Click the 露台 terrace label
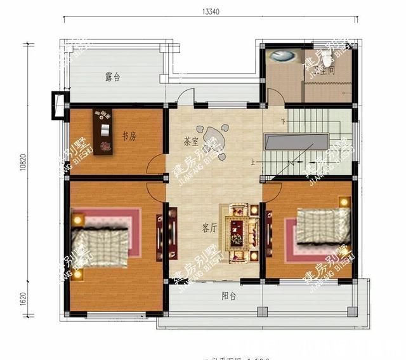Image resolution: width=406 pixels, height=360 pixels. coord(113,78)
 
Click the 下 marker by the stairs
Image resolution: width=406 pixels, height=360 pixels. coord(283,121)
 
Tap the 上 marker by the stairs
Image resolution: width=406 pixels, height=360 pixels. coord(253,163)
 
